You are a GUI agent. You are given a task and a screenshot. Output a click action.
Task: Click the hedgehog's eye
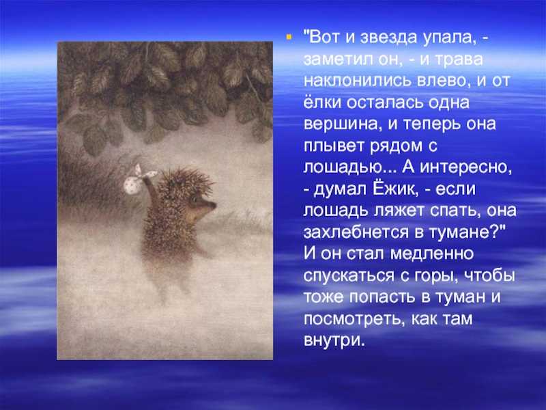[195, 200]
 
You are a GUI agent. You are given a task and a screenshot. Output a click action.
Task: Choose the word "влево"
[442, 81]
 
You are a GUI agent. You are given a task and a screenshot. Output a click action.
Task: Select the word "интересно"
[466, 167]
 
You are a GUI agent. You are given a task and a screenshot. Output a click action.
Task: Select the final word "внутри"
[334, 340]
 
